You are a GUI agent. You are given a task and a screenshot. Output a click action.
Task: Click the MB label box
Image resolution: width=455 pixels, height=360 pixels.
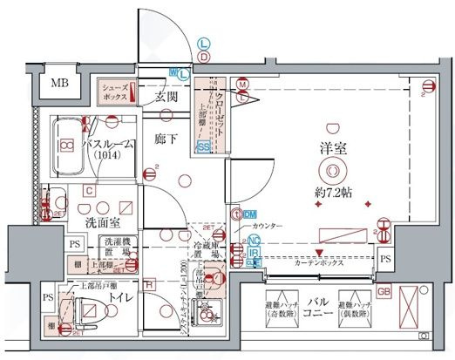tap(59, 85)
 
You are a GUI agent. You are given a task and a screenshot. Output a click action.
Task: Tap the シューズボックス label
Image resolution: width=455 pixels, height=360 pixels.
tap(115, 92)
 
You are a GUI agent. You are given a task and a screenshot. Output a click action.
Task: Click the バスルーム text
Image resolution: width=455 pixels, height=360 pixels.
tap(109, 146)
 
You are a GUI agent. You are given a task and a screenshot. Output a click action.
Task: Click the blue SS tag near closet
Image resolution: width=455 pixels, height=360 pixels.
tap(203, 148)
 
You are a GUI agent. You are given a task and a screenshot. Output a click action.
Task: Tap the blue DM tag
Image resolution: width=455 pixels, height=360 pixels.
tap(249, 214)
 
